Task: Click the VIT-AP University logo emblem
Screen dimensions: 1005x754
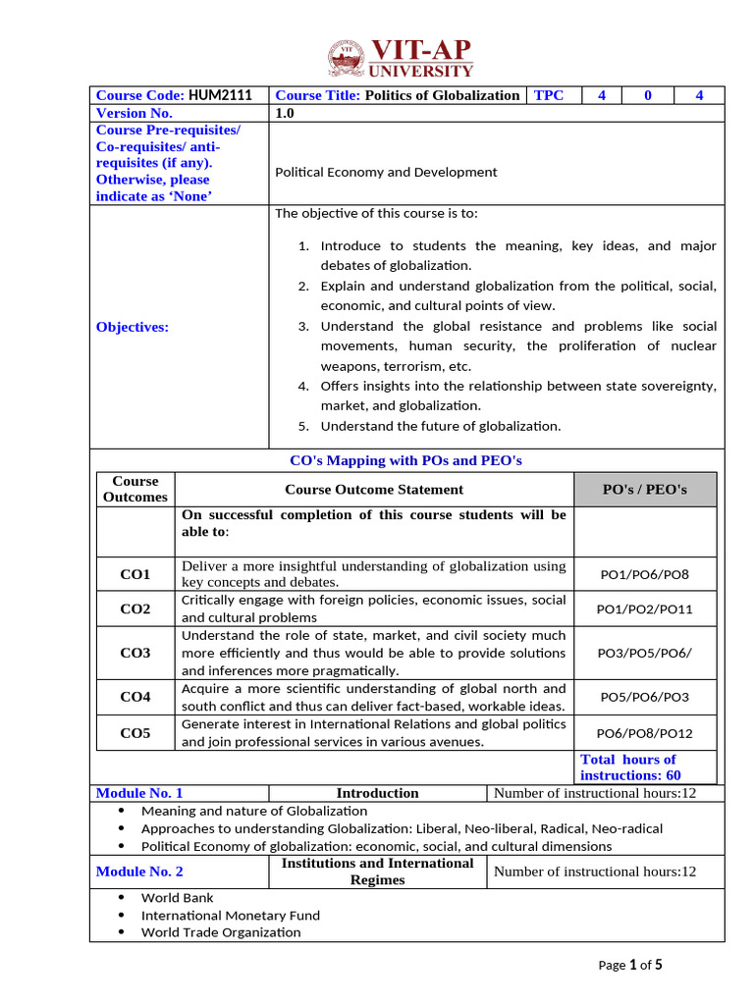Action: tap(347, 58)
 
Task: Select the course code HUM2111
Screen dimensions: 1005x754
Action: tap(220, 95)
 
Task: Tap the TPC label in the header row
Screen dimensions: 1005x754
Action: tap(549, 95)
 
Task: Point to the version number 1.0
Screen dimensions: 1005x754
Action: tap(285, 113)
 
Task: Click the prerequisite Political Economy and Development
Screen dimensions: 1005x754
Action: tap(386, 172)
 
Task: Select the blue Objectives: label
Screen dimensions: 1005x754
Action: tap(133, 327)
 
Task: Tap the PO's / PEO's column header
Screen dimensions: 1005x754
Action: tap(644, 489)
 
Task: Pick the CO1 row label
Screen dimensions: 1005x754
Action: tap(135, 574)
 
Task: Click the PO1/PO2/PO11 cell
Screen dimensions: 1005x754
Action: tap(644, 609)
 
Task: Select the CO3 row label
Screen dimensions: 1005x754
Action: tap(135, 653)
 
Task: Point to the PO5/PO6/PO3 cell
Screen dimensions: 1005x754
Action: tap(644, 697)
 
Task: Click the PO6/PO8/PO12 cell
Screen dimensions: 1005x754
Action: tap(644, 732)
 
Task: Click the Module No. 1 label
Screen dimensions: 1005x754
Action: tap(139, 793)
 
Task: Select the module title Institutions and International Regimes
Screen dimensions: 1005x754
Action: tap(378, 871)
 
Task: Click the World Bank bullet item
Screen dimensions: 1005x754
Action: tap(178, 897)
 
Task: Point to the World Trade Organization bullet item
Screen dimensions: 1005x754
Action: tap(221, 931)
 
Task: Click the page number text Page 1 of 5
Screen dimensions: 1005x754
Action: tap(630, 965)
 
